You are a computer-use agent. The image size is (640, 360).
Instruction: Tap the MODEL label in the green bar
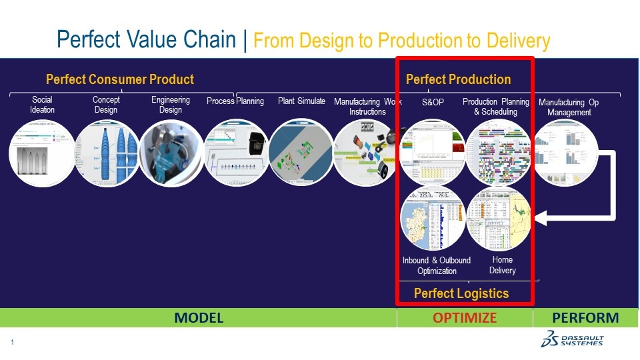click(199, 318)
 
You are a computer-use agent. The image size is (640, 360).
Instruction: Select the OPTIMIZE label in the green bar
click(465, 318)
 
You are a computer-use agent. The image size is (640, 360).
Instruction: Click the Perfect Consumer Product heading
click(120, 80)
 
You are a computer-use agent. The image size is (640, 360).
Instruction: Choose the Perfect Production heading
click(458, 80)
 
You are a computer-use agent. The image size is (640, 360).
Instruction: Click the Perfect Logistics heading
click(461, 293)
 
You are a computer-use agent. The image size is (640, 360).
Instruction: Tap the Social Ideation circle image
click(41, 153)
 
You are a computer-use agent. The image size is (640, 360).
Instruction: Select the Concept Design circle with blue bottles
click(106, 153)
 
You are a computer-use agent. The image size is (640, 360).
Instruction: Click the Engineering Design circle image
click(171, 153)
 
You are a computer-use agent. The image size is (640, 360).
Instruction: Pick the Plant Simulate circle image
click(301, 153)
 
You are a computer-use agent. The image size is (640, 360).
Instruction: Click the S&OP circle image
click(432, 153)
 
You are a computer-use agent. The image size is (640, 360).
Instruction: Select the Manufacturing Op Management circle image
click(565, 153)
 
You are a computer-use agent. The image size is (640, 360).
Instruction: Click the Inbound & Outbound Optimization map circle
click(433, 219)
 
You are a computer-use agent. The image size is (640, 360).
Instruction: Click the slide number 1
click(13, 343)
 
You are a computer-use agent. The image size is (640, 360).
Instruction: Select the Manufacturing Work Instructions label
click(367, 107)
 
